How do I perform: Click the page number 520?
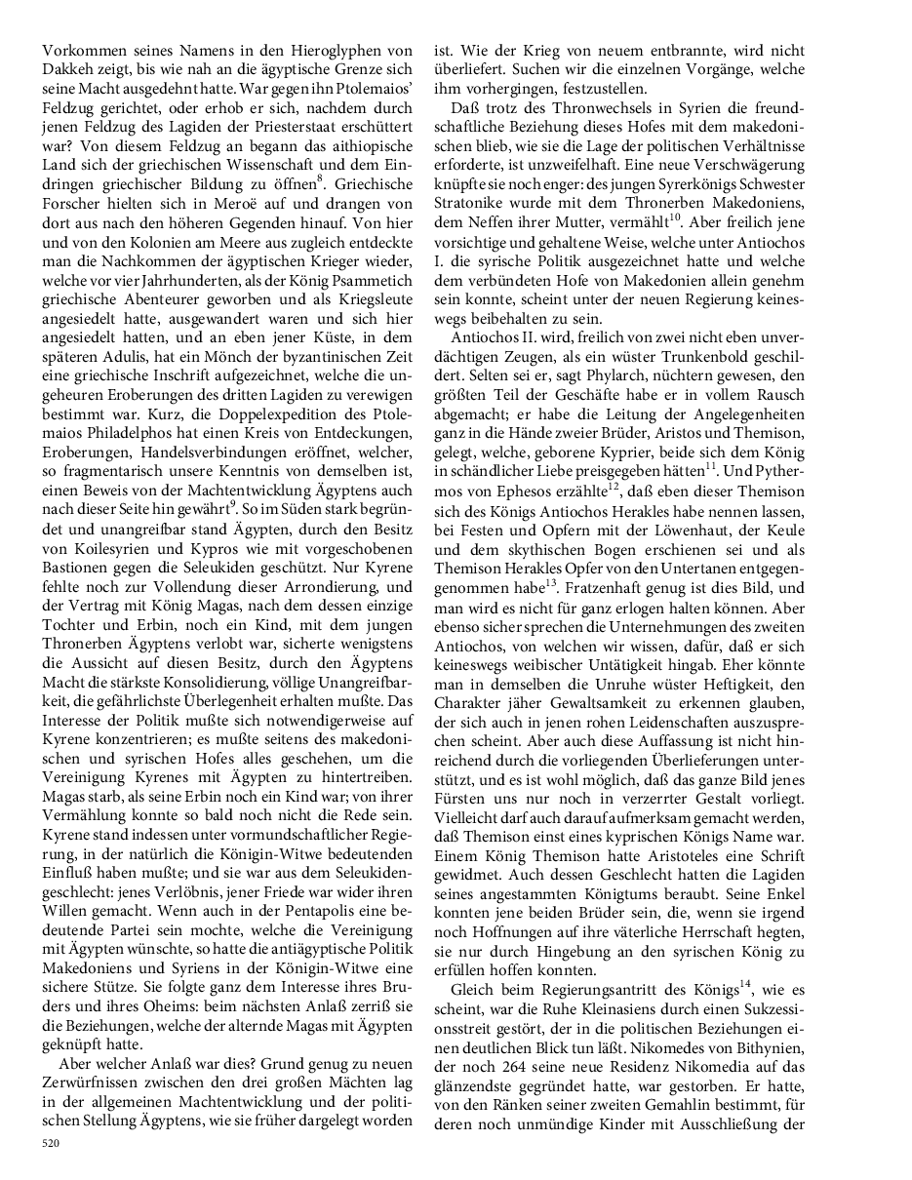[x=51, y=1138]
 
